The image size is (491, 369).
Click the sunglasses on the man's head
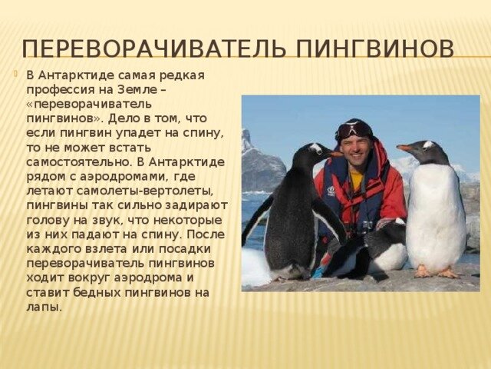pyautogui.click(x=353, y=128)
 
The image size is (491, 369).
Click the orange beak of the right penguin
pyautogui.click(x=404, y=148)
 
